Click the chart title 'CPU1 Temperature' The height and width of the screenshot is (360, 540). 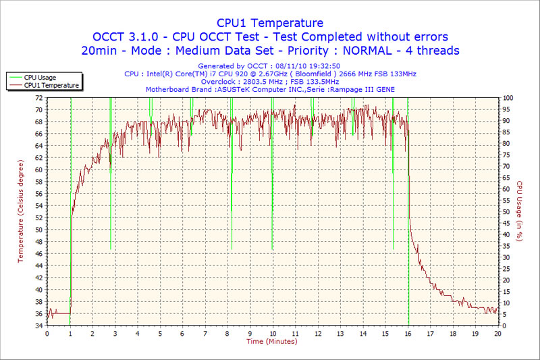(269, 23)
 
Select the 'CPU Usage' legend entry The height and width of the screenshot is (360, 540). (40, 78)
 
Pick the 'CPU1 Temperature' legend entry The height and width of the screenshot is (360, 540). (51, 85)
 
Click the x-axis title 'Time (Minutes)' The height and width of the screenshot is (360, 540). (272, 341)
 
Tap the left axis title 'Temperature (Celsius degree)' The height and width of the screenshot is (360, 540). (20, 211)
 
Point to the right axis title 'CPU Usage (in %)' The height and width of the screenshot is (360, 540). (519, 211)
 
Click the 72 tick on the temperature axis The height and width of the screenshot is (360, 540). (39, 98)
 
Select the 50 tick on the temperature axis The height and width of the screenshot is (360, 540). (39, 230)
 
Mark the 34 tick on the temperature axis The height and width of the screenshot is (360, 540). (39, 326)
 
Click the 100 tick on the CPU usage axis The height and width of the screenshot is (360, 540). (508, 98)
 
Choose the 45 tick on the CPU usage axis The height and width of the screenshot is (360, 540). (506, 224)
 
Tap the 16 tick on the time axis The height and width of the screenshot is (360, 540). (408, 334)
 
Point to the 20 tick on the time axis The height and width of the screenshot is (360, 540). (497, 334)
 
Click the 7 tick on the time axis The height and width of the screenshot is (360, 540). (205, 334)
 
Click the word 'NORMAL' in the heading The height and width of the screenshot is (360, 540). (367, 51)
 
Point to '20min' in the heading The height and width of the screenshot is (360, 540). (99, 51)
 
